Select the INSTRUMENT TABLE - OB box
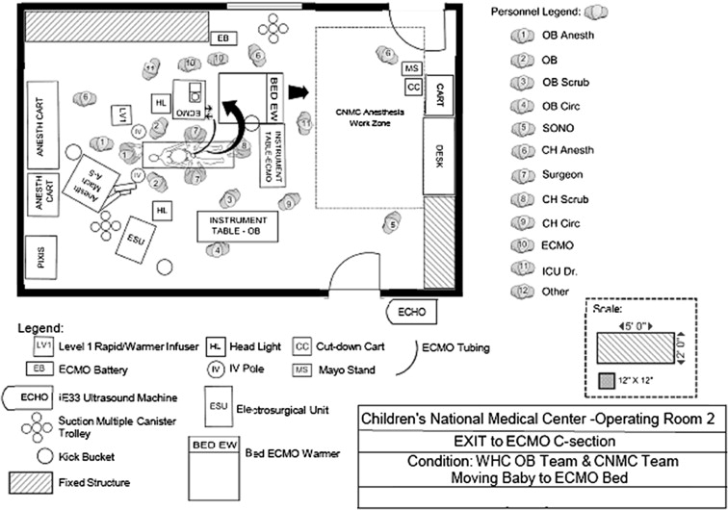pyautogui.click(x=237, y=226)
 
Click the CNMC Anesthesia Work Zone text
pyautogui.click(x=370, y=118)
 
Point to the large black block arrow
pyautogui.click(x=300, y=93)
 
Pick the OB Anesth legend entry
pyautogui.click(x=567, y=36)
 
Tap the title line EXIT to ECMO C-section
pyautogui.click(x=534, y=441)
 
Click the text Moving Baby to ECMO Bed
pyautogui.click(x=534, y=477)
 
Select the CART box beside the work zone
pyautogui.click(x=439, y=95)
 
